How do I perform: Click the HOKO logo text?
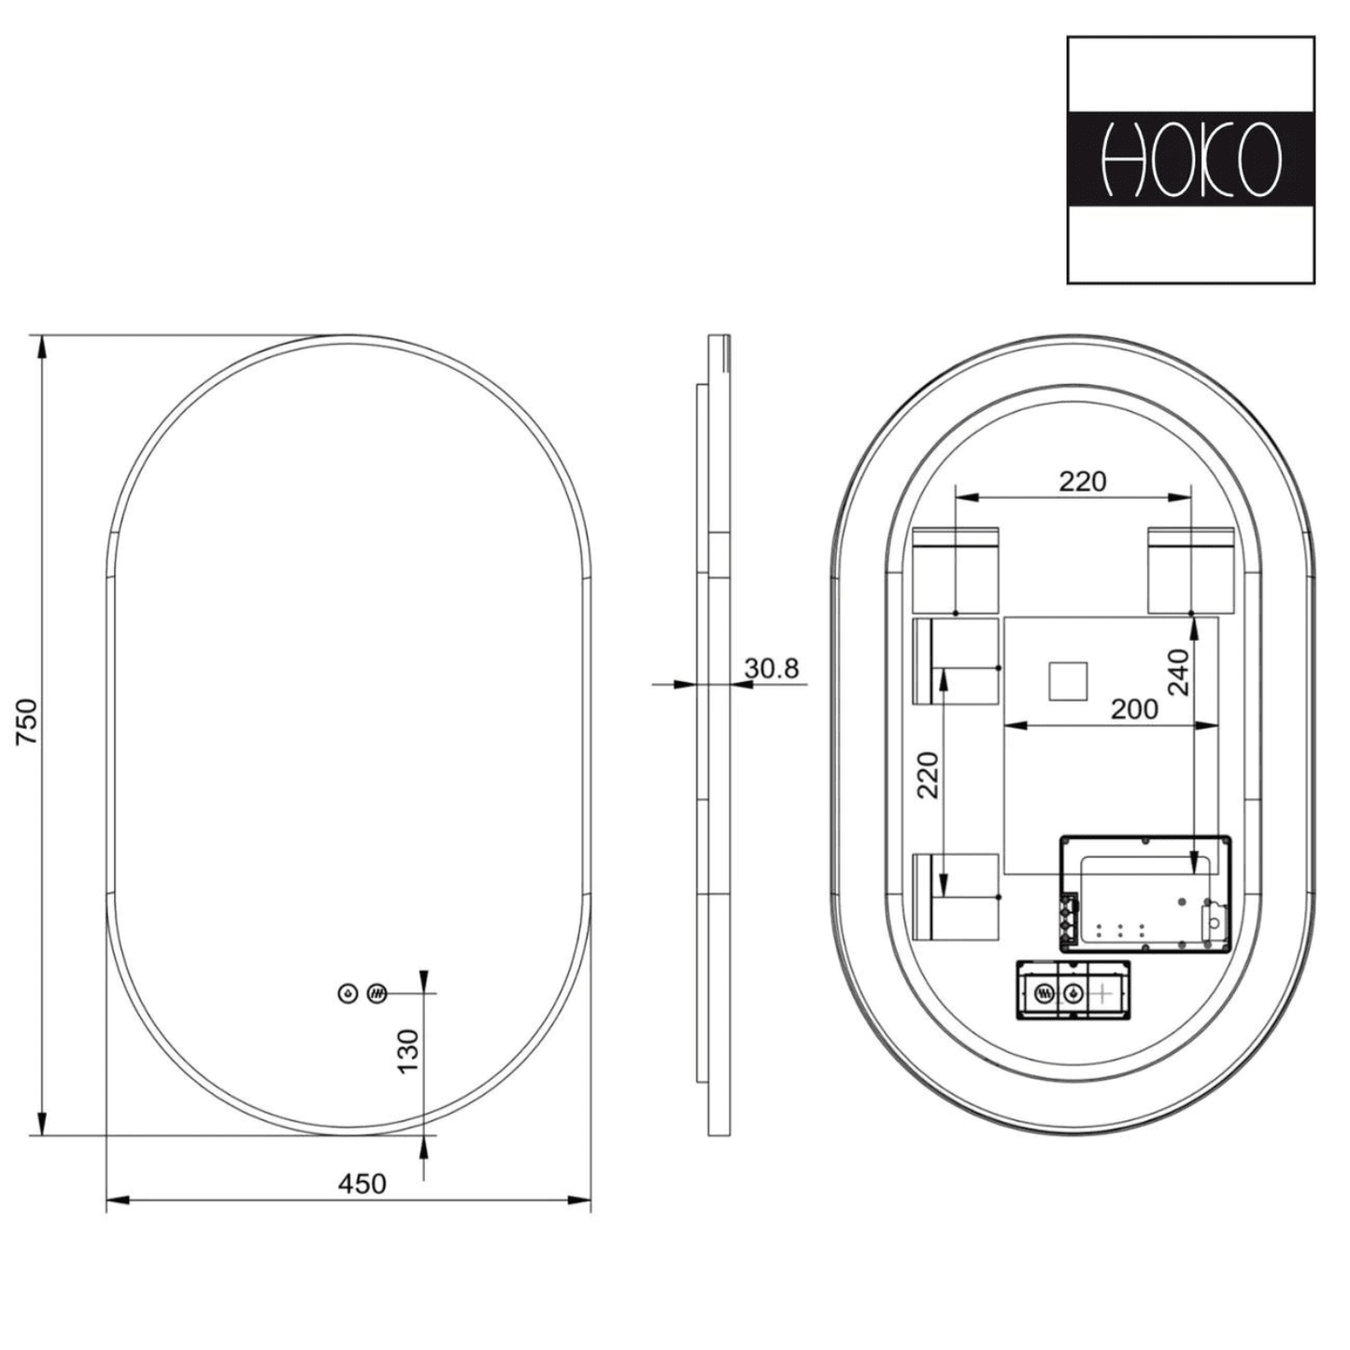(1190, 160)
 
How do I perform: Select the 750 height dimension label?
(27, 720)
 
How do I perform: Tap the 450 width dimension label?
(362, 1184)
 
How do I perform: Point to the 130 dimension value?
(408, 1051)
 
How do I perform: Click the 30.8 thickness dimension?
(772, 668)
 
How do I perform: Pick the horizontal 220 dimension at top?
(1082, 481)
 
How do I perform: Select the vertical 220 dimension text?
(927, 774)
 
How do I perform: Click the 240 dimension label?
(1179, 672)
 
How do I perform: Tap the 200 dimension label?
(1134, 709)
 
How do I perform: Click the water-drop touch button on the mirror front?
(348, 993)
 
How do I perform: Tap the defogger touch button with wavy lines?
(377, 993)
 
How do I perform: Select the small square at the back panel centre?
(1067, 681)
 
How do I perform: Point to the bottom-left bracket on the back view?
(956, 896)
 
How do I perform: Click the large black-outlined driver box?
(1144, 894)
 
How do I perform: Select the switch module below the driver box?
(1073, 991)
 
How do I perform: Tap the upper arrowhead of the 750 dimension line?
(41, 348)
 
